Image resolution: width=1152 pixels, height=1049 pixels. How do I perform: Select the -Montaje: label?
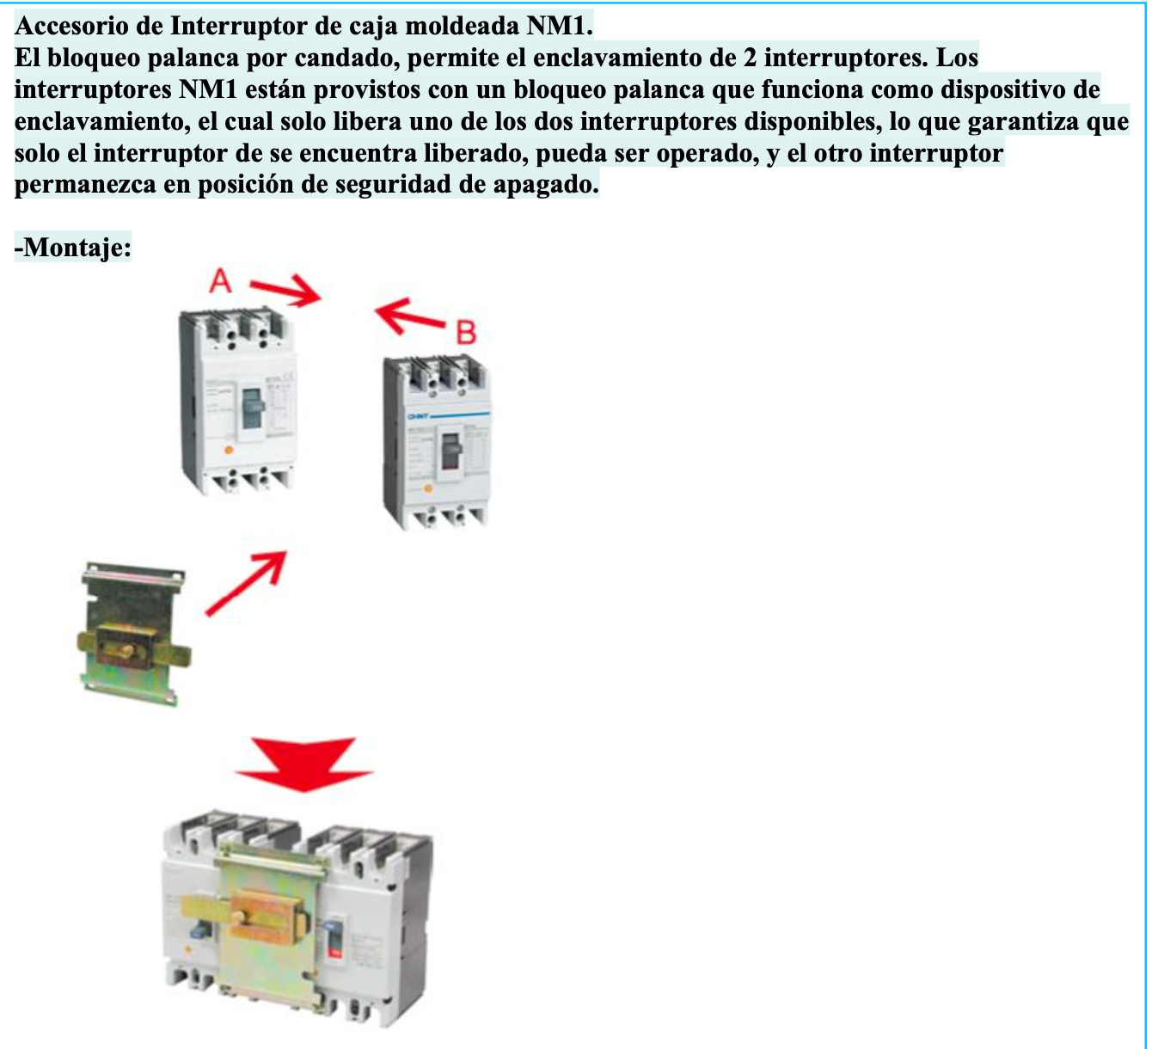[73, 248]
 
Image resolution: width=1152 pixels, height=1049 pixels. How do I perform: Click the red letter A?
[221, 280]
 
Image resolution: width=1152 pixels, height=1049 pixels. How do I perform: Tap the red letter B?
[466, 332]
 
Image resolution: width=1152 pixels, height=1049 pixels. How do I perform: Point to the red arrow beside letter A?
[286, 292]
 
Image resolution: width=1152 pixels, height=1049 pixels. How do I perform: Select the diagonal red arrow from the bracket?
[247, 583]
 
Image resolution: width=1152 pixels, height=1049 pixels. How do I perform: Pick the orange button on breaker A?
[229, 450]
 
